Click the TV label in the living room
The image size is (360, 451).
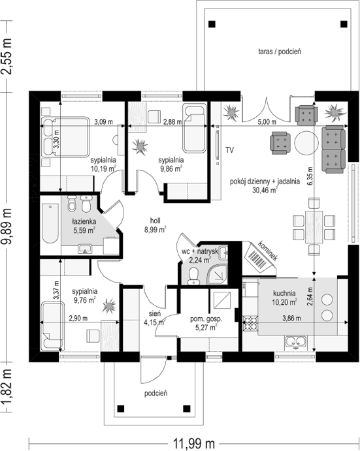tap(229, 150)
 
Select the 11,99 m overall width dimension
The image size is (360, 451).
tap(193, 443)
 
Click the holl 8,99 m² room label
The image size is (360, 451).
tap(155, 225)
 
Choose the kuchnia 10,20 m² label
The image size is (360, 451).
tap(284, 298)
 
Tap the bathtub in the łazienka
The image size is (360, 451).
tap(50, 223)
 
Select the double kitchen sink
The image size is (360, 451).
tap(296, 342)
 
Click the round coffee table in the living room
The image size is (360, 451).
tap(306, 143)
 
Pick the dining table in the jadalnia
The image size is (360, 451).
tap(314, 227)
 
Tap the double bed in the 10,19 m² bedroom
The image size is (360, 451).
tap(65, 136)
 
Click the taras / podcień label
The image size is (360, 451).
tap(280, 52)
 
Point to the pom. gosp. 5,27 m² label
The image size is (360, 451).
tap(206, 323)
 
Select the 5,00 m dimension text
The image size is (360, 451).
tap(267, 122)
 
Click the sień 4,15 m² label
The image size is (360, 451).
tap(155, 318)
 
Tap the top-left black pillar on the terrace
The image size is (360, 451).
tap(212, 24)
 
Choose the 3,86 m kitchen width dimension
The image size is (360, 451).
tap(291, 318)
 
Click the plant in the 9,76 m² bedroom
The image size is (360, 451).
tap(109, 305)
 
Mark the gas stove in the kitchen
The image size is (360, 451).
tap(250, 323)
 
